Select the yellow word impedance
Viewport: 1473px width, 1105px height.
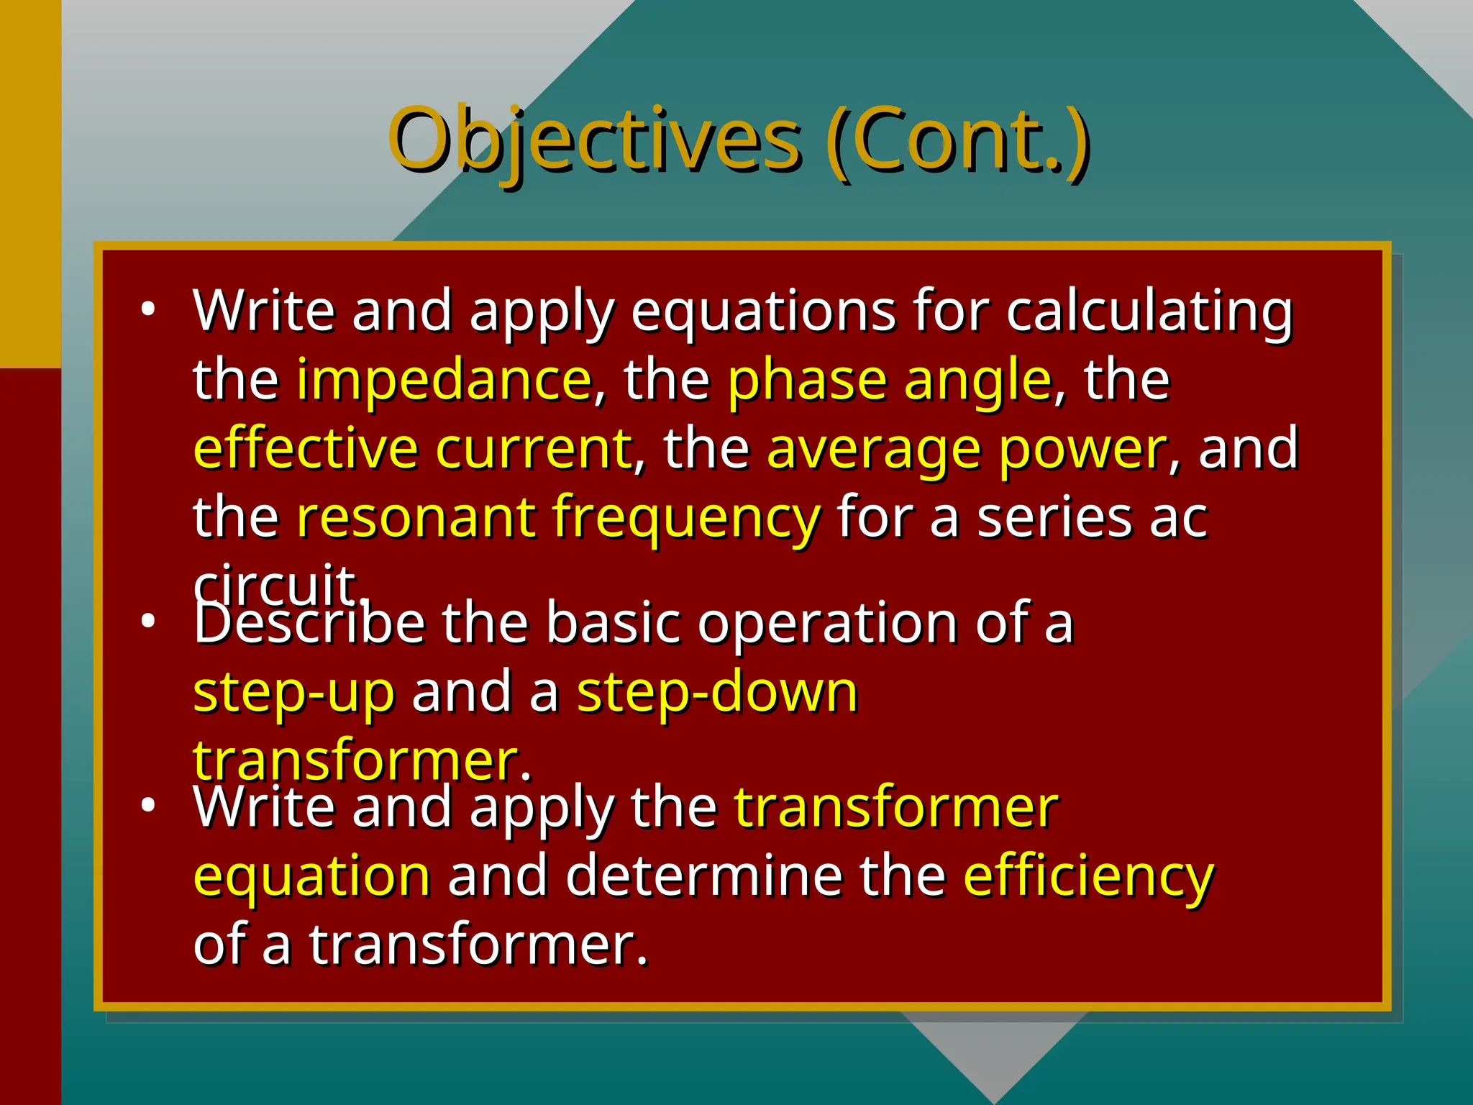(x=444, y=379)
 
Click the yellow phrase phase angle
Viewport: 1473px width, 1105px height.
(x=890, y=379)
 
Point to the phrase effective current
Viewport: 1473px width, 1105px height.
(x=412, y=448)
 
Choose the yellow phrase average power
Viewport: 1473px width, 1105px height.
(x=966, y=448)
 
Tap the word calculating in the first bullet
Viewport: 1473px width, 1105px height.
(x=1149, y=312)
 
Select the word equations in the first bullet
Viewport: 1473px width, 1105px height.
(x=763, y=312)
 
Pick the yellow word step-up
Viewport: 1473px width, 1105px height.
(x=294, y=692)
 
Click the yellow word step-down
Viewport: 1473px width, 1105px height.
(x=717, y=692)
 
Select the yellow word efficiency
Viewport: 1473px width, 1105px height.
(x=1088, y=876)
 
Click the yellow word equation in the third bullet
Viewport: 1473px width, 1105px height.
(x=312, y=876)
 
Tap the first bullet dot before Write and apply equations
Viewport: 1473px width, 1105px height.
(x=148, y=310)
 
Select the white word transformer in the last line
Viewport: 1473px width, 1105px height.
(x=478, y=944)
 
